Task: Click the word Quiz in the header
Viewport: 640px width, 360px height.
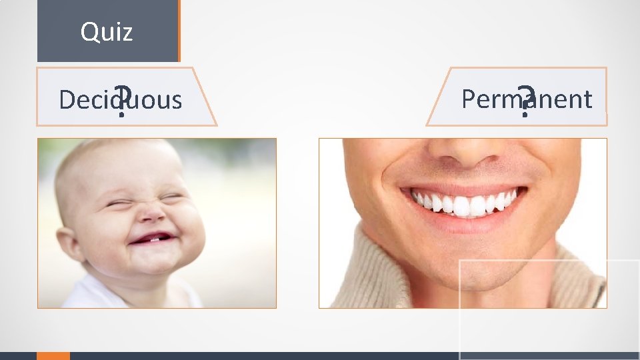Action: click(x=107, y=31)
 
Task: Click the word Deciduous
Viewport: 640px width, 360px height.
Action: click(x=120, y=100)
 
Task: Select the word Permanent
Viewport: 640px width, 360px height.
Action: click(x=526, y=99)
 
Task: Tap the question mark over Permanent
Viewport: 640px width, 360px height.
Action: click(x=526, y=102)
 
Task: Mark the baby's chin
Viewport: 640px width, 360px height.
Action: click(x=155, y=263)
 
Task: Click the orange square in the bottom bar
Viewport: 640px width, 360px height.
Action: click(x=53, y=355)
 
